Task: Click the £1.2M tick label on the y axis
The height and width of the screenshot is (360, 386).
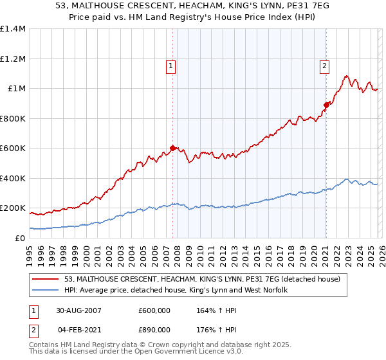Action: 12,59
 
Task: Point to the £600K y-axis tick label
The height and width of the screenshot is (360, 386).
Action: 12,148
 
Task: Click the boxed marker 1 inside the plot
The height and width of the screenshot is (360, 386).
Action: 171,65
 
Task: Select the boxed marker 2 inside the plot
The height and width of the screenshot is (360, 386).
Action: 324,65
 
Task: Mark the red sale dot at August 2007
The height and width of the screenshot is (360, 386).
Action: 172,148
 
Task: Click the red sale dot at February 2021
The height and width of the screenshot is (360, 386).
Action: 326,104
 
